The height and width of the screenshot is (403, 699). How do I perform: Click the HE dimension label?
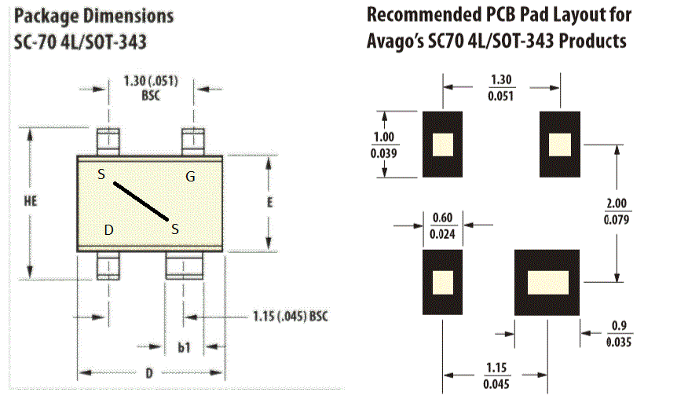click(x=31, y=201)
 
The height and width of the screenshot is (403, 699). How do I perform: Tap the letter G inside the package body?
click(x=190, y=177)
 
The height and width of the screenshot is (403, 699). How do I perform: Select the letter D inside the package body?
click(x=108, y=230)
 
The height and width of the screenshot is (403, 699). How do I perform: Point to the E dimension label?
click(x=269, y=203)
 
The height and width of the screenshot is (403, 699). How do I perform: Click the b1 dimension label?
click(x=184, y=347)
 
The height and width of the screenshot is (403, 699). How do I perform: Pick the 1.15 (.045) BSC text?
click(x=291, y=317)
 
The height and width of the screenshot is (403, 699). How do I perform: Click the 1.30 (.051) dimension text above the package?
click(x=151, y=81)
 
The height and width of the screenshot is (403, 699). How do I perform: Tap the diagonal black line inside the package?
click(x=141, y=201)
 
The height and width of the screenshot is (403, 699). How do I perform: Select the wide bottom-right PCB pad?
click(x=547, y=283)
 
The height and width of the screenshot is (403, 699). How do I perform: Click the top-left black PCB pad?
click(x=442, y=145)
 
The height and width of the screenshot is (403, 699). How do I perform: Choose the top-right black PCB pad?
click(x=560, y=145)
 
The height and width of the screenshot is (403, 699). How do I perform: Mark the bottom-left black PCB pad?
click(x=442, y=282)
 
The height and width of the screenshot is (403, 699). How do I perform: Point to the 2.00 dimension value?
click(x=617, y=203)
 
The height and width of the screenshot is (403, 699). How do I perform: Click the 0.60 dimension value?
click(x=442, y=218)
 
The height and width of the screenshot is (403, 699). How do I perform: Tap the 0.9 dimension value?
click(x=619, y=325)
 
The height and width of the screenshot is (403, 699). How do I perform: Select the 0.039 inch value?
click(x=383, y=153)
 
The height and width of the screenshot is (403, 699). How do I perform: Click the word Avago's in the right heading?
click(x=394, y=42)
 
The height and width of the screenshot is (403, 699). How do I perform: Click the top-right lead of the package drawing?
click(x=193, y=141)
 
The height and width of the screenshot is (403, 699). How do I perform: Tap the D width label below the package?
click(x=149, y=373)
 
